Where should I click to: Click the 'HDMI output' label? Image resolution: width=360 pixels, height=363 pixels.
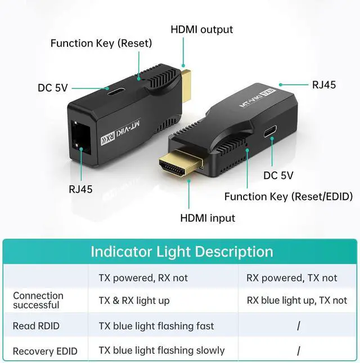point(201,29)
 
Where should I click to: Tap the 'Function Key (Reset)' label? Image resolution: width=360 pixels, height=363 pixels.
point(101,43)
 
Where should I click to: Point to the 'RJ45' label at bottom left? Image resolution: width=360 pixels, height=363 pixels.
point(80,189)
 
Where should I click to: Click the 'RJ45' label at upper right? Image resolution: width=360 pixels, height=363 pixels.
point(324,85)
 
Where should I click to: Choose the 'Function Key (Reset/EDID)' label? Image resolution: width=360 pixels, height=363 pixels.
point(288,196)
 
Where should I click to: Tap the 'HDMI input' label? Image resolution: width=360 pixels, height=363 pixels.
point(207,218)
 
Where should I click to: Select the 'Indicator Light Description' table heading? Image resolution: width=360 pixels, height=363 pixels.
point(182,251)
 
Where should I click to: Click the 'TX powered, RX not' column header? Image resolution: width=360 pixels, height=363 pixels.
point(143,278)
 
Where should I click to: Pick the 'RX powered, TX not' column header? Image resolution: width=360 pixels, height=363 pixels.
point(291,278)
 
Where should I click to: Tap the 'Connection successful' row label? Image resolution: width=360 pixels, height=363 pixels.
point(38,301)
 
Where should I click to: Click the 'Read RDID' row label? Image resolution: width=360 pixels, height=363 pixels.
point(36,326)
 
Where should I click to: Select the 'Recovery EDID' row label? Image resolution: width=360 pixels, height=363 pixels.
point(45,351)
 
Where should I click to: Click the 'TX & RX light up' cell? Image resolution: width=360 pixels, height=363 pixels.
point(134,301)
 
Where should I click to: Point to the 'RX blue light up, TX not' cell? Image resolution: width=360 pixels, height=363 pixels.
point(297,301)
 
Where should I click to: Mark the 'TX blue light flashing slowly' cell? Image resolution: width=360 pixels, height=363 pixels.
point(161,351)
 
